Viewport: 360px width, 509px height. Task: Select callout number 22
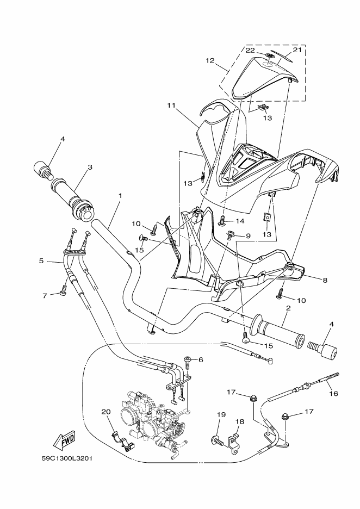pyautogui.click(x=250, y=50)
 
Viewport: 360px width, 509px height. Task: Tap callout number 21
pyautogui.click(x=296, y=50)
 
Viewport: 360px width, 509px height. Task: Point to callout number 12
pyautogui.click(x=210, y=61)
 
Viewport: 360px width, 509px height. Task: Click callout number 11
pyautogui.click(x=172, y=105)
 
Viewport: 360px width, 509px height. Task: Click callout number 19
pyautogui.click(x=221, y=415)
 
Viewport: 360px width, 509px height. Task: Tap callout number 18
pyautogui.click(x=239, y=421)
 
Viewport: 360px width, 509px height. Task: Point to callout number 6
pyautogui.click(x=200, y=359)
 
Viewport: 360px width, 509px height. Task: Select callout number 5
pyautogui.click(x=41, y=261)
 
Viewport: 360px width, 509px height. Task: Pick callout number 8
pyautogui.click(x=325, y=281)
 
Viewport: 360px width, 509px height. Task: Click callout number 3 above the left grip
pyautogui.click(x=90, y=167)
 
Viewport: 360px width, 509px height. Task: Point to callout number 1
pyautogui.click(x=120, y=195)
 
